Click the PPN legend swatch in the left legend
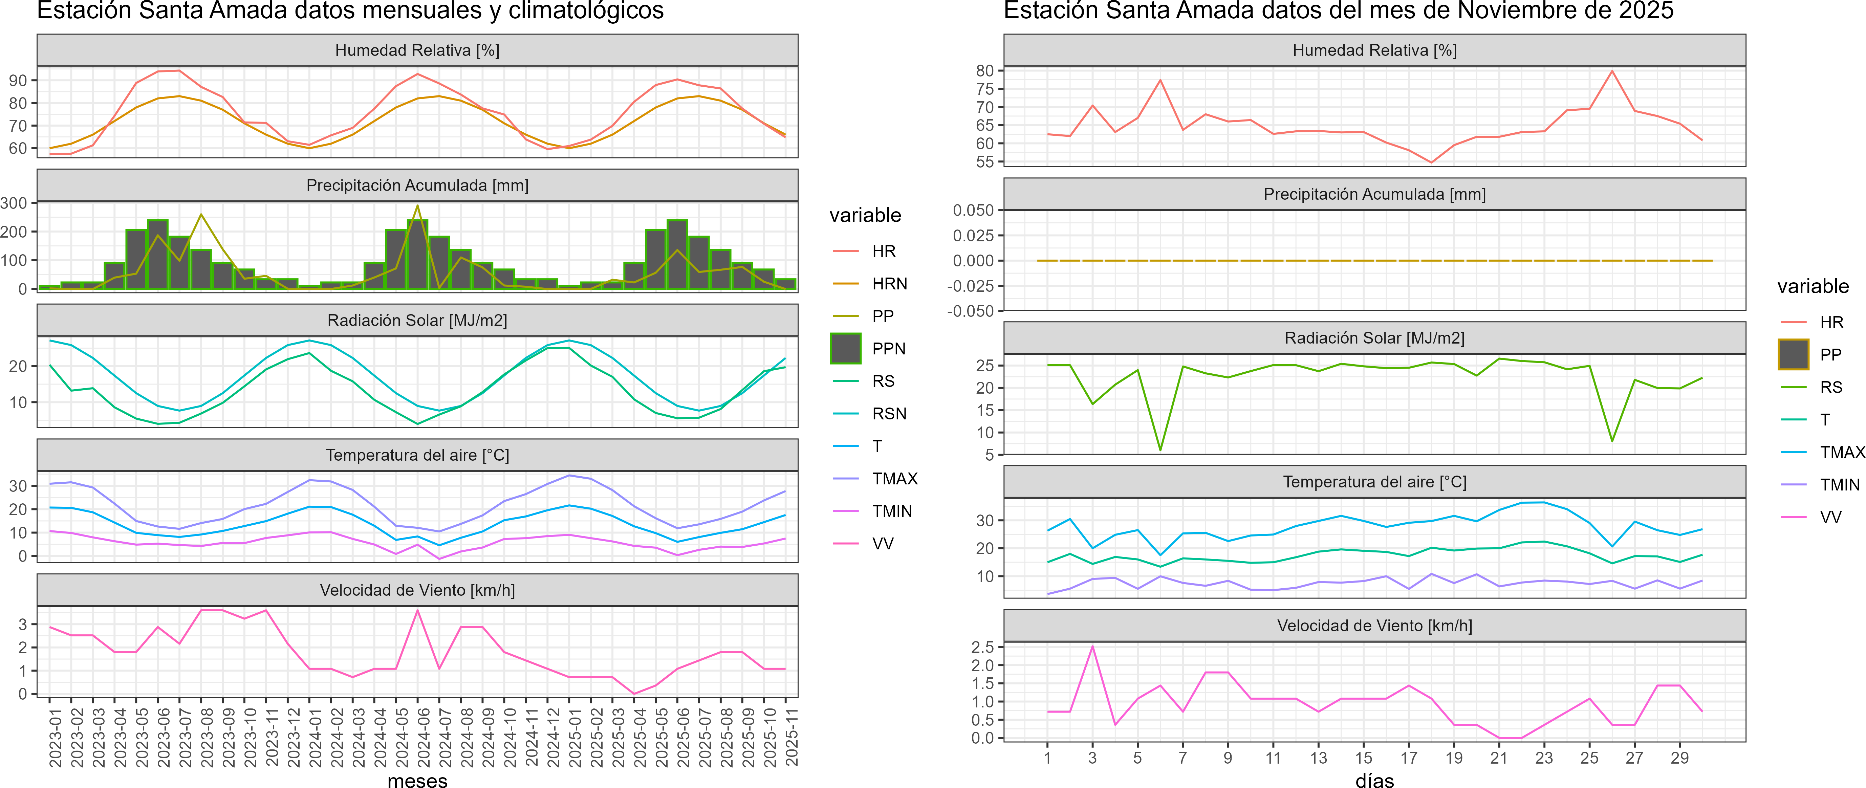[x=845, y=348]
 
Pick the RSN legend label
[x=889, y=414]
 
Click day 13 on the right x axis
[x=1318, y=758]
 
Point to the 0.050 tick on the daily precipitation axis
[x=973, y=210]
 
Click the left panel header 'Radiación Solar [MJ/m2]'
[x=417, y=320]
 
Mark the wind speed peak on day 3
[x=1092, y=646]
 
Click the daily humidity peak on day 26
[x=1612, y=71]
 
